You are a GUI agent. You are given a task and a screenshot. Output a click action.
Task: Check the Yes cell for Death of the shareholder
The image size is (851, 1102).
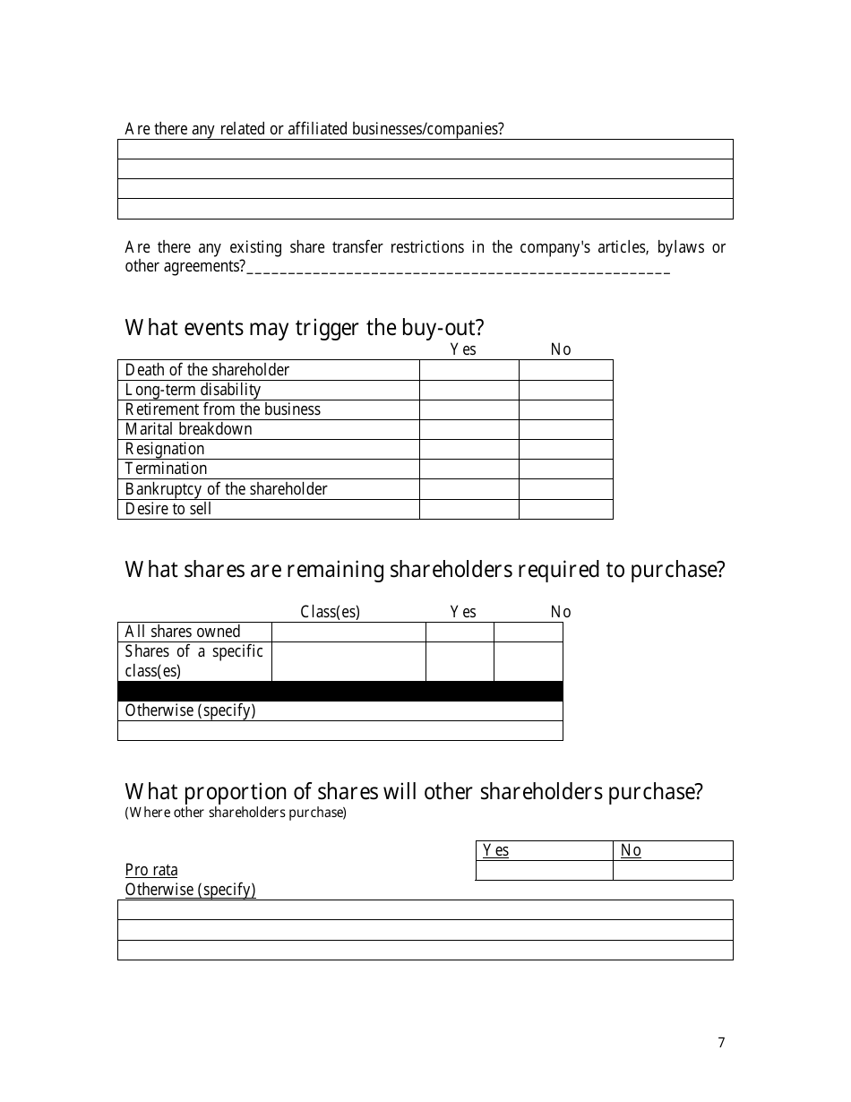[x=468, y=370]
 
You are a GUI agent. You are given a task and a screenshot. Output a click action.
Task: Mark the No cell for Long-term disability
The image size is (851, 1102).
[x=565, y=390]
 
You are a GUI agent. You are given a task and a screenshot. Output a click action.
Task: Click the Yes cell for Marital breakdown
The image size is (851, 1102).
[x=468, y=429]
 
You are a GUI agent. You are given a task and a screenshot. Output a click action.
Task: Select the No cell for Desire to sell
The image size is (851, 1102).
[x=565, y=509]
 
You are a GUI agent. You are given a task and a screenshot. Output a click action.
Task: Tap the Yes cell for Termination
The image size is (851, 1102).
[x=468, y=469]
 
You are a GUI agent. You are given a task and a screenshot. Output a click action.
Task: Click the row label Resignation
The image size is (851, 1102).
[x=165, y=449]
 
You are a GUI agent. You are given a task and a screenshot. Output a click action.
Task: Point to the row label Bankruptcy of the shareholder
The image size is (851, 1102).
[x=226, y=489]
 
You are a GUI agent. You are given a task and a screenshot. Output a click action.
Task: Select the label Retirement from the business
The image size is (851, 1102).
[x=222, y=409]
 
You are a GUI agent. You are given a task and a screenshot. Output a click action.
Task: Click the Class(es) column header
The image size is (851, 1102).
[x=330, y=612]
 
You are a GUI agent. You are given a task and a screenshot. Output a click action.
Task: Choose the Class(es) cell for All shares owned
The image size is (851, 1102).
[x=348, y=632]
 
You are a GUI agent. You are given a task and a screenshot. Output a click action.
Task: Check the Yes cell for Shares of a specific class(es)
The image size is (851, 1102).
[x=460, y=662]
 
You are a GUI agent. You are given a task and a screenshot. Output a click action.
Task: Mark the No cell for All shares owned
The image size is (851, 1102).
[x=529, y=632]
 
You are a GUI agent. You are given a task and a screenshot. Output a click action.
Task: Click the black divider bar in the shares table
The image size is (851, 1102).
[x=340, y=692]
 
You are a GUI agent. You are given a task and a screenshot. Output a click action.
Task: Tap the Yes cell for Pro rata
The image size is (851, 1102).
[x=544, y=870]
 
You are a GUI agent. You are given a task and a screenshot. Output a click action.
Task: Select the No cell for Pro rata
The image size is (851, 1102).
[x=673, y=870]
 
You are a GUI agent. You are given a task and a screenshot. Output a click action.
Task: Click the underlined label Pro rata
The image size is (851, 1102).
[x=151, y=870]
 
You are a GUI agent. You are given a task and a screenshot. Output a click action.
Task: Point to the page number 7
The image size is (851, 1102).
[x=721, y=1042]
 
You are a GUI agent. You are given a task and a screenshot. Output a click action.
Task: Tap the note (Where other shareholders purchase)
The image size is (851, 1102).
[x=236, y=813]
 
